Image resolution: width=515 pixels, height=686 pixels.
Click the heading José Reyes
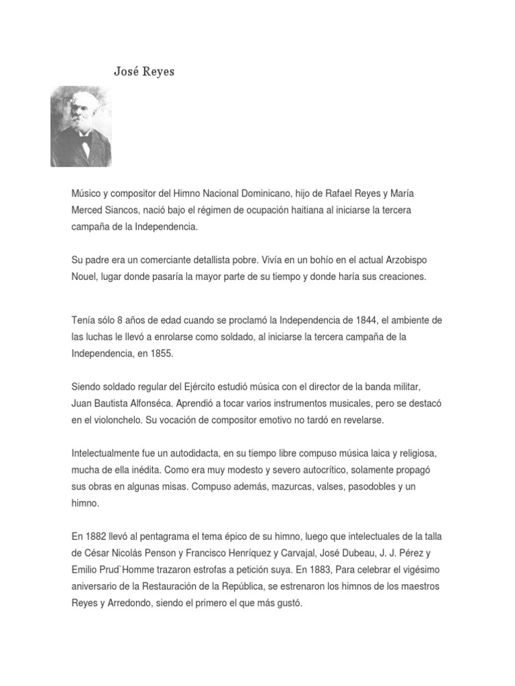click(x=144, y=71)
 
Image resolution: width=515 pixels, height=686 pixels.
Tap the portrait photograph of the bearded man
click(x=80, y=126)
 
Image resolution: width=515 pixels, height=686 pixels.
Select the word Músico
click(x=88, y=194)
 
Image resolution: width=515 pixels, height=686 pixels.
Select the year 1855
click(x=162, y=353)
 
